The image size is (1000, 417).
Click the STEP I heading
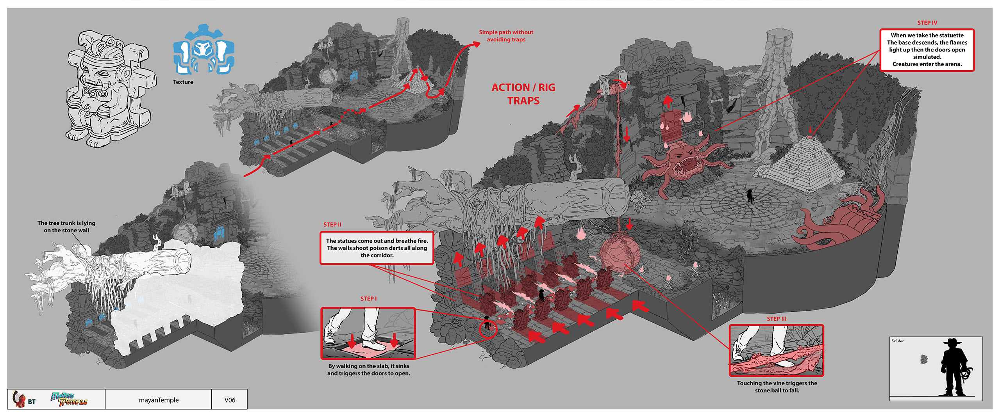coord(368,299)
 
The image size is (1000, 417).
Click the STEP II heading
coord(332,225)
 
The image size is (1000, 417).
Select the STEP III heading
coord(776,319)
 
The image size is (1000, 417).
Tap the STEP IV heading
coord(927,23)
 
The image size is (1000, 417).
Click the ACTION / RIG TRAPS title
coord(523,94)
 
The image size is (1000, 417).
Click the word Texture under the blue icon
coord(183,82)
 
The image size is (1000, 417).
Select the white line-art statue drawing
coord(108,90)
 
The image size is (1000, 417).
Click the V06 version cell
coord(230,400)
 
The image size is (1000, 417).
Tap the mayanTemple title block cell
coord(159,400)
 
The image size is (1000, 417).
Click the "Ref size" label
coord(897,341)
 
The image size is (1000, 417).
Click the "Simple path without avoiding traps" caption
coord(506,36)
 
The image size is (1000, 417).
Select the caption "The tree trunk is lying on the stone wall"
coord(66,227)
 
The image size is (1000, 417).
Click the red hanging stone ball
coord(619,254)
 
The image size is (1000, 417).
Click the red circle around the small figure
coord(487,329)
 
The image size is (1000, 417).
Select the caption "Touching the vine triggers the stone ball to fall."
coord(777,387)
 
